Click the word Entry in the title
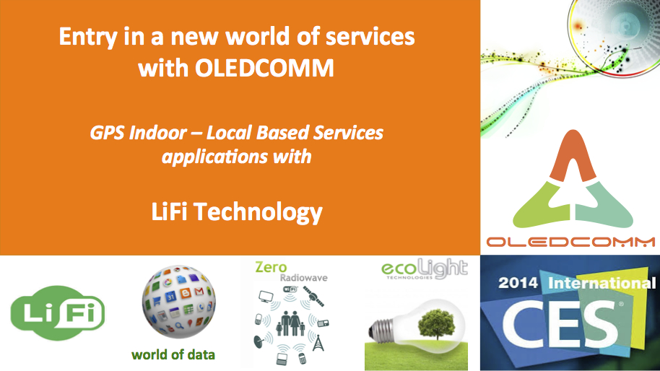click(87, 38)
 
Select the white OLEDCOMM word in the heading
click(264, 68)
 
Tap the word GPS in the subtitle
click(107, 133)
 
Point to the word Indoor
click(158, 133)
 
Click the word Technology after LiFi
click(258, 212)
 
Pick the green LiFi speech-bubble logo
click(58, 313)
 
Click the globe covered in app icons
click(179, 302)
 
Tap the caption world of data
click(173, 354)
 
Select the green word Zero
click(271, 267)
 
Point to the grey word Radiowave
click(303, 278)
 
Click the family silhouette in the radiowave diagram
click(290, 323)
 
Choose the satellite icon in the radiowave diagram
click(313, 296)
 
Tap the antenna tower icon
click(318, 343)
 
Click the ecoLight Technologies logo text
click(425, 269)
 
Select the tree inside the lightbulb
click(437, 324)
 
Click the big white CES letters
click(562, 324)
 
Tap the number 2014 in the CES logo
click(518, 283)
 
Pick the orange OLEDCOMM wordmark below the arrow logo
click(570, 242)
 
